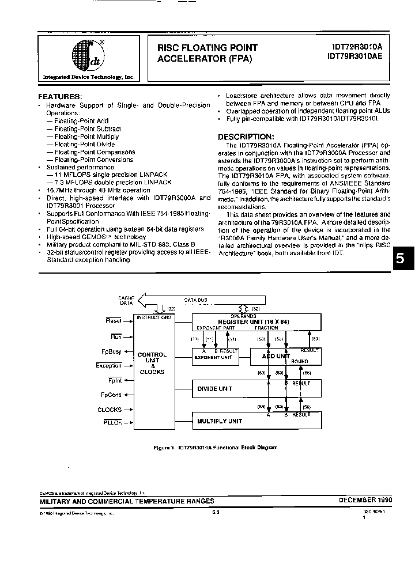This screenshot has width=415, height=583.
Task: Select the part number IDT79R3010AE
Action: [353, 58]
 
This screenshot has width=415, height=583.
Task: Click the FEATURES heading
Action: [60, 96]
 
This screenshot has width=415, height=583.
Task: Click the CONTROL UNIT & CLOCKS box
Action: [152, 364]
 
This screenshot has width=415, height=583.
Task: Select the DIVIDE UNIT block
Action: [214, 389]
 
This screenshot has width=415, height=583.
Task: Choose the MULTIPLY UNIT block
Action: [220, 421]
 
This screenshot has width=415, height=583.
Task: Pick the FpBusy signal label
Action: [111, 351]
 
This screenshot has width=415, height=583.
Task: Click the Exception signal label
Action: [109, 366]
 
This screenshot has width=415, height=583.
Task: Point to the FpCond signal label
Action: [111, 395]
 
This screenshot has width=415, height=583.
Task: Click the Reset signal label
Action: [114, 320]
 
